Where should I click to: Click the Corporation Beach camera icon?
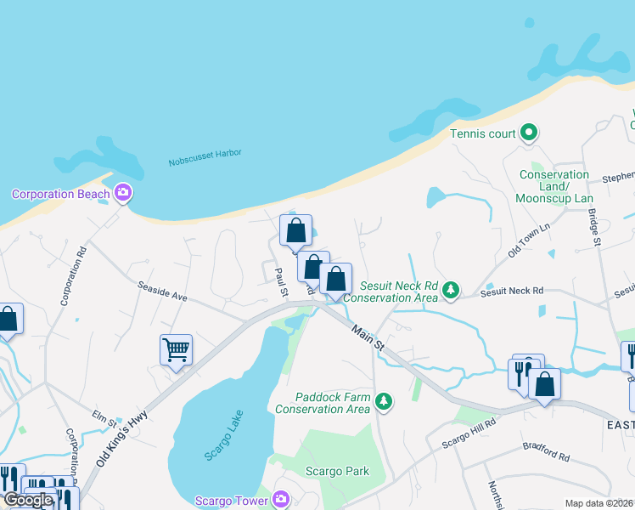coord(123,193)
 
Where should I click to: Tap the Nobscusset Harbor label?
coord(205,157)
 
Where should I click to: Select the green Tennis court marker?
coord(529,133)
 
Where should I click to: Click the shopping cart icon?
coord(176,349)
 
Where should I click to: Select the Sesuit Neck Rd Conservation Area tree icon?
coord(451,291)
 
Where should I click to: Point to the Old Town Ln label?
coord(530,241)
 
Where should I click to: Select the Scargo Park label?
coord(337,471)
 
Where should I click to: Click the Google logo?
coord(28,500)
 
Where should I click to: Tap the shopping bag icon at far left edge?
coord(8,320)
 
